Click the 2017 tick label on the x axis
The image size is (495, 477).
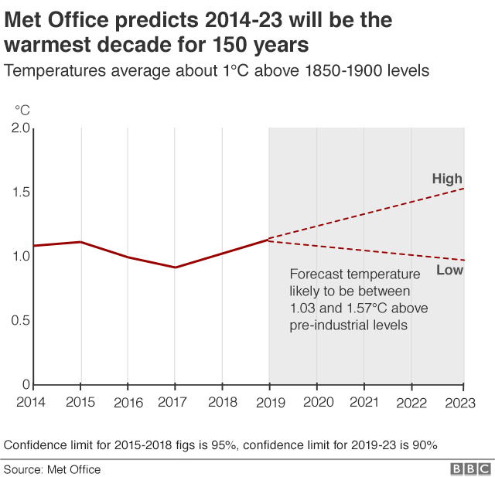coord(175,402)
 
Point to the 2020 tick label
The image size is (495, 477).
coord(317,402)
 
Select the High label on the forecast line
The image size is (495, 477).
coord(446,179)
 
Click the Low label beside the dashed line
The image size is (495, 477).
coord(449,270)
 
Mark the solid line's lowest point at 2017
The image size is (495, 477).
coord(175,267)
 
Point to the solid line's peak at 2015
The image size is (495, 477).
coord(80,242)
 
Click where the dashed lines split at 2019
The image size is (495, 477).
coord(269,240)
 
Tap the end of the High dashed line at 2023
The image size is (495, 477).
coord(463,189)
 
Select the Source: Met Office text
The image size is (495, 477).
coord(53,468)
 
